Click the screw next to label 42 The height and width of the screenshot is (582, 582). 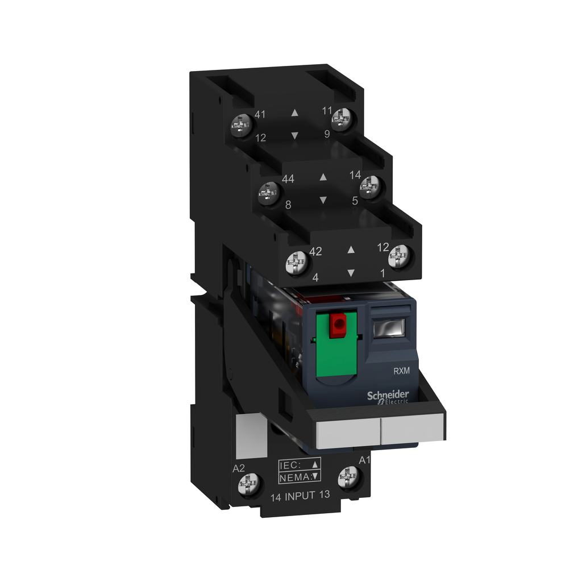(x=297, y=263)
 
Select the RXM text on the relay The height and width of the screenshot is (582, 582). (x=402, y=371)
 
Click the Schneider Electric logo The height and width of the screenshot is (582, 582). (x=388, y=397)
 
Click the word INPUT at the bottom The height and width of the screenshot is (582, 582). (x=300, y=496)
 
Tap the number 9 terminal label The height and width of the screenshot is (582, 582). (x=327, y=134)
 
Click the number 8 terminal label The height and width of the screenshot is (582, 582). (x=288, y=205)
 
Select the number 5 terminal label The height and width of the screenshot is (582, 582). (x=355, y=200)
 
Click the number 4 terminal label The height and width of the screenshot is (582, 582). (x=315, y=278)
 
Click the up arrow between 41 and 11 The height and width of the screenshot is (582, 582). (x=294, y=113)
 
